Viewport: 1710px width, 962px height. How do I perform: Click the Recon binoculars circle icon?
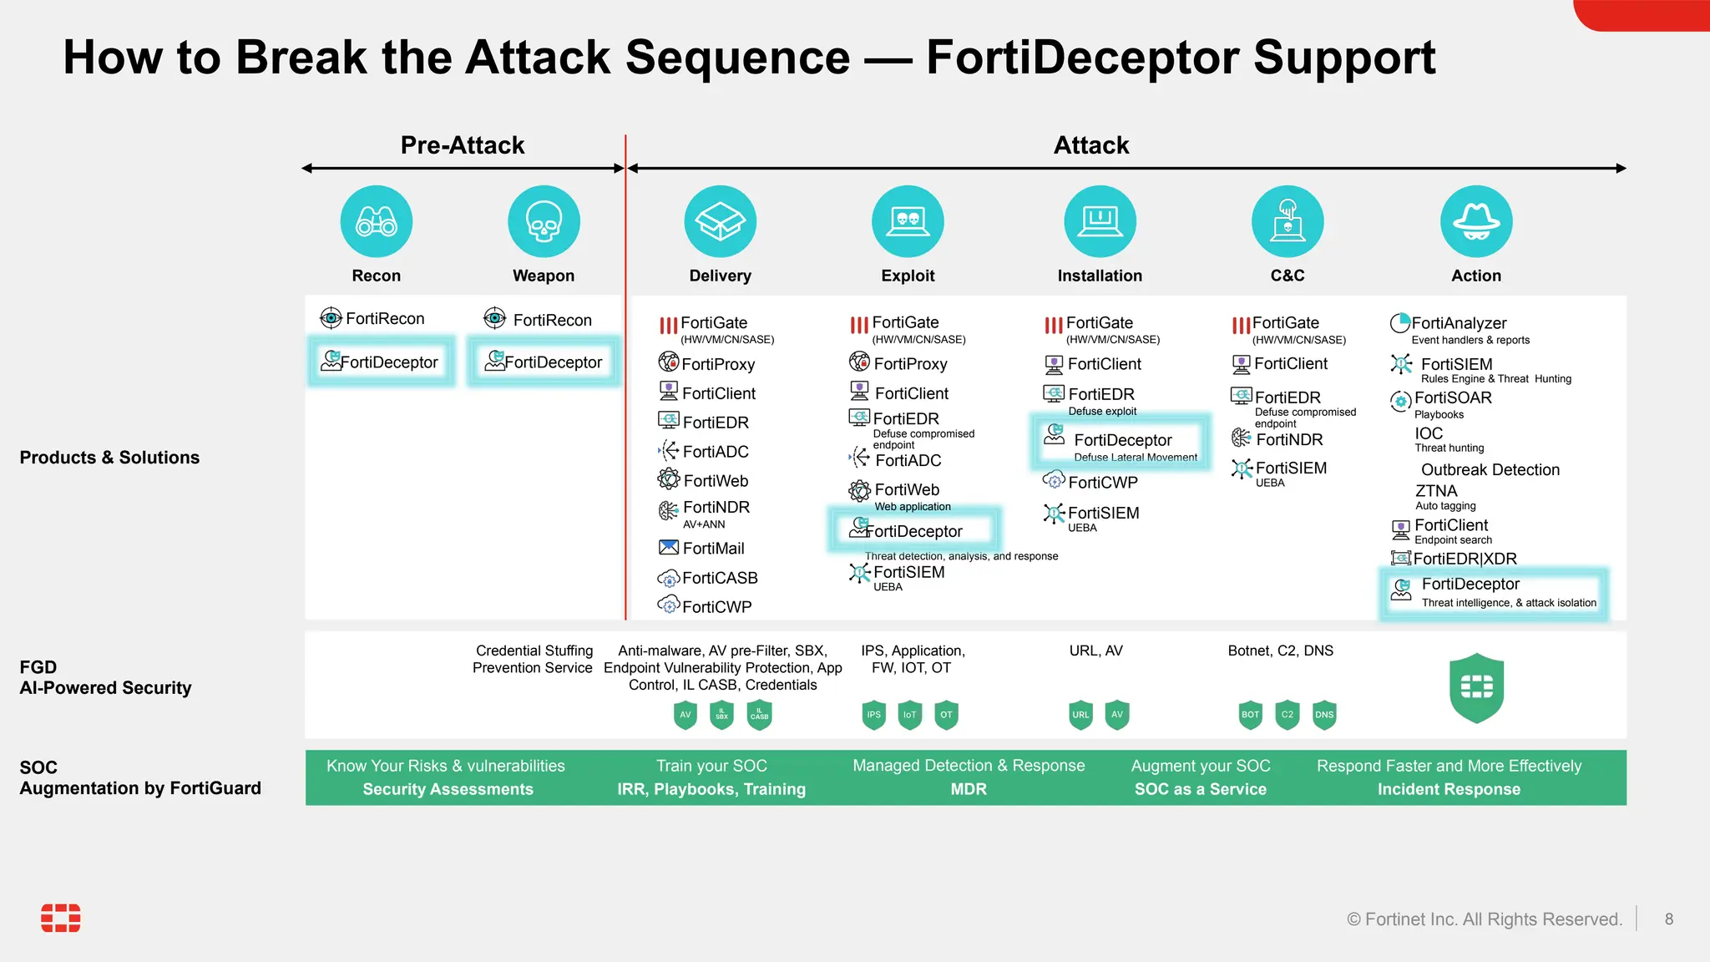pos(376,221)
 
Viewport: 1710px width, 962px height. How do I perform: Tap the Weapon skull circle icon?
pos(544,221)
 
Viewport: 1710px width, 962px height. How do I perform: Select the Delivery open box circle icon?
pos(720,221)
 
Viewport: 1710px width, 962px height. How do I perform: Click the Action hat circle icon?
pos(1475,221)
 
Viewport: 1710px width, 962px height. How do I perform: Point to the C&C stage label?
pos(1287,276)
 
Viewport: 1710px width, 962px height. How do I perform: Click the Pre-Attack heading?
pos(463,145)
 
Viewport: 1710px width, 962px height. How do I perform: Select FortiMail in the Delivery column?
pos(712,549)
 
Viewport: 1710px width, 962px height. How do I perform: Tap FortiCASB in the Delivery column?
pos(719,578)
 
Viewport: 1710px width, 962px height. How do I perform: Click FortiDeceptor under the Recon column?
pos(382,362)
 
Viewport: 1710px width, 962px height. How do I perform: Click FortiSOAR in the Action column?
pos(1452,398)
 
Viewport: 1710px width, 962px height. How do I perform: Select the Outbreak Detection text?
pos(1490,470)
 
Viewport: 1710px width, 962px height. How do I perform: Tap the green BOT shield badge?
pos(1250,715)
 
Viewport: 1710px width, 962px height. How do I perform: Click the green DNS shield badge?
pos(1324,715)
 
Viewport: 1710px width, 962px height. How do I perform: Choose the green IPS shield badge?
pos(873,715)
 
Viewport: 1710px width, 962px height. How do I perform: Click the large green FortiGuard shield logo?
pos(1476,687)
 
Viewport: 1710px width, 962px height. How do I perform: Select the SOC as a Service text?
pos(1200,789)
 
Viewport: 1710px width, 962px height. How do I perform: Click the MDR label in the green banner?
pos(969,789)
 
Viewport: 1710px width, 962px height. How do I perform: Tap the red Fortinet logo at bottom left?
pos(61,918)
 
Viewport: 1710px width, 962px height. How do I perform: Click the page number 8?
pos(1668,919)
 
